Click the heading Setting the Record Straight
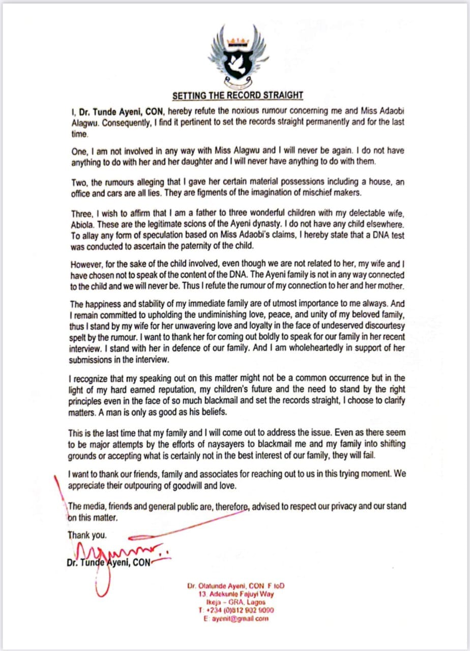(x=238, y=95)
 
